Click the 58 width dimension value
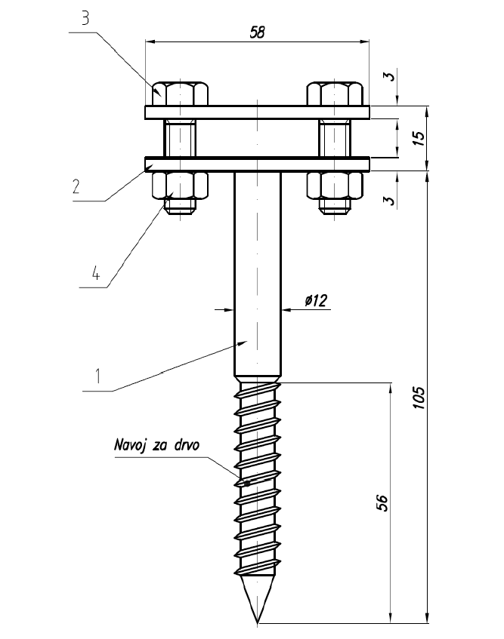point(257,32)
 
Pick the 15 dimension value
point(420,137)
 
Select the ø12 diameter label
point(316,301)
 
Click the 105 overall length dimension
point(420,398)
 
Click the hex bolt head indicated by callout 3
point(180,94)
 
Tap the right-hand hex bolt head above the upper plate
point(334,94)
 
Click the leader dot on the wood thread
point(247,481)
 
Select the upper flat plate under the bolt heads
point(257,112)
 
